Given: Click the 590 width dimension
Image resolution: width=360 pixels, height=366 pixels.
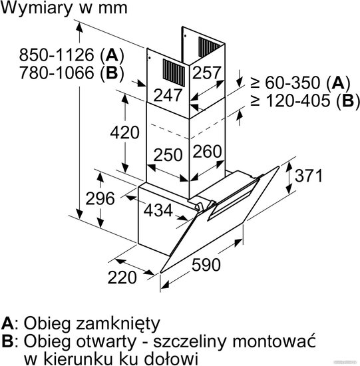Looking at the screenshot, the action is [206, 265].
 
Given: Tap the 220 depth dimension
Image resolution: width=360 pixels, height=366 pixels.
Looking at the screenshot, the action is [122, 277].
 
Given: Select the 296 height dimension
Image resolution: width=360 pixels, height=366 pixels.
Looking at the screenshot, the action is [100, 199].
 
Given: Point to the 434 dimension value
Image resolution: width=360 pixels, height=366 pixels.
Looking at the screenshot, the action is [158, 210].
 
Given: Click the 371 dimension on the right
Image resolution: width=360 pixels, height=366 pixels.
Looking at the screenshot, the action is [309, 176].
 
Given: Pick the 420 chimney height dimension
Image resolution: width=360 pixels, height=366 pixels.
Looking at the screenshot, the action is [124, 132].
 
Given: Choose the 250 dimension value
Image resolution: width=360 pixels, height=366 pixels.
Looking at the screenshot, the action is [168, 155].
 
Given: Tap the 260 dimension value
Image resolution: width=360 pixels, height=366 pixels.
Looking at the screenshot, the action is [207, 152].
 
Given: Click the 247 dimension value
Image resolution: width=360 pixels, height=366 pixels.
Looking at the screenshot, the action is [168, 95].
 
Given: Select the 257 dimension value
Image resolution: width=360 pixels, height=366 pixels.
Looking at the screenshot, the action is [206, 73].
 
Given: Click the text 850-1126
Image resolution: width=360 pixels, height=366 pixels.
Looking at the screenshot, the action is [57, 55].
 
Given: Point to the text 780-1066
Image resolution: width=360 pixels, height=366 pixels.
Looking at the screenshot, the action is [57, 73].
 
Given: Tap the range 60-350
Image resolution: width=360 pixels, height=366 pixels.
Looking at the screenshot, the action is [292, 83].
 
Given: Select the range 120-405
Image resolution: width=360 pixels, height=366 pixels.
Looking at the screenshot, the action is [298, 101].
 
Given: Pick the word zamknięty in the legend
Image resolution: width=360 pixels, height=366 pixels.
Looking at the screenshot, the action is [118, 324].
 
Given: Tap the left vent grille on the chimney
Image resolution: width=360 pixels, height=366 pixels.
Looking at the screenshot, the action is [174, 73].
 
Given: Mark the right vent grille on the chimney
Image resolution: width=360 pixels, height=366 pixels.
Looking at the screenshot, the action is [209, 47].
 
